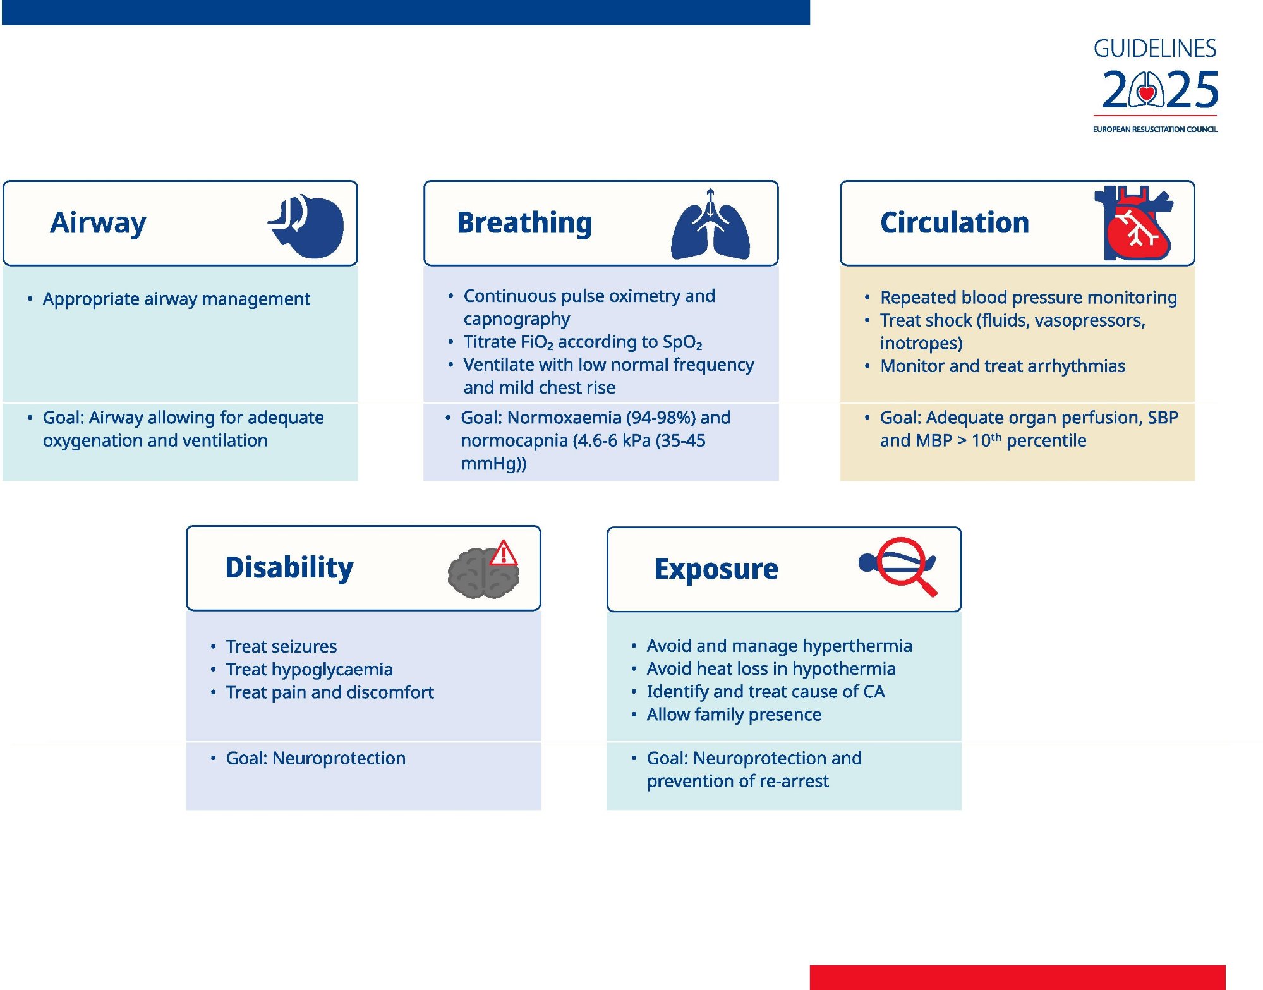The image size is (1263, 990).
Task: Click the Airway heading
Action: coord(98,222)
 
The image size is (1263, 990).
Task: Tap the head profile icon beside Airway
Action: coord(307,226)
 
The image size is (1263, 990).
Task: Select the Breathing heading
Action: coord(524,222)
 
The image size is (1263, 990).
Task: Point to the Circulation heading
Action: coord(954,222)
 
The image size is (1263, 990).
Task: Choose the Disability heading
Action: coord(289,567)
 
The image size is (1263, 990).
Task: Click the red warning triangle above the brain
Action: coord(504,553)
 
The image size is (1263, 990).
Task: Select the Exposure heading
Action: coord(716,569)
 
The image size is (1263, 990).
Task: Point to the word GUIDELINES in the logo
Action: coord(1155,49)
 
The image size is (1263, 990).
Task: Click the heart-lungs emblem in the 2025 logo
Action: coord(1147,90)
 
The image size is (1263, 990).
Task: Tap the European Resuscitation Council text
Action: coord(1155,129)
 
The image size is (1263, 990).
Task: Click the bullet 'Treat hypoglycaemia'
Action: coord(309,670)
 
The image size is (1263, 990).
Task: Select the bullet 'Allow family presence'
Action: coord(734,715)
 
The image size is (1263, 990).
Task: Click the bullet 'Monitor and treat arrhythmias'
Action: coord(1003,366)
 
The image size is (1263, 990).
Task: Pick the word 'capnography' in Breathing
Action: coord(516,319)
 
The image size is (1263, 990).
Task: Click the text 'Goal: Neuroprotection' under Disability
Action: coord(316,758)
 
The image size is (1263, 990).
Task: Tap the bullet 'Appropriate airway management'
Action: coord(176,299)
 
